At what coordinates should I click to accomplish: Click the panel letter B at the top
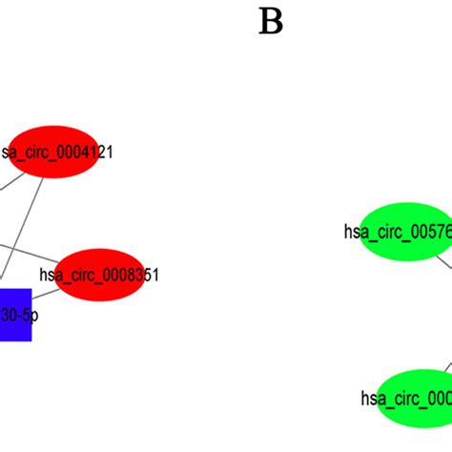click(x=271, y=20)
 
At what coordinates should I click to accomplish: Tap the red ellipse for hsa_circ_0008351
click(x=99, y=274)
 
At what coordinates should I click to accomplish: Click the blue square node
click(x=15, y=314)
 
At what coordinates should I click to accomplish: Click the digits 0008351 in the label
click(x=129, y=275)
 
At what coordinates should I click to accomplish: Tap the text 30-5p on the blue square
click(x=17, y=314)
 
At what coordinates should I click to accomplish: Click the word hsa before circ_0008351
click(x=50, y=275)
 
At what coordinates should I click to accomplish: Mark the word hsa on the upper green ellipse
click(x=356, y=231)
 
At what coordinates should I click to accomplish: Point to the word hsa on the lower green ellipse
click(x=372, y=398)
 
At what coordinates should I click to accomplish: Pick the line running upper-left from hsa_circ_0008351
click(x=29, y=253)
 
